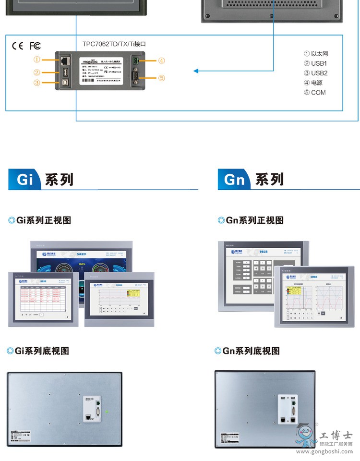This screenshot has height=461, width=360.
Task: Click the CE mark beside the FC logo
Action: [17, 46]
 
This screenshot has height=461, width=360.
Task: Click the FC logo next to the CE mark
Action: [35, 46]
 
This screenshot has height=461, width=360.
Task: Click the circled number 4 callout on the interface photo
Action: [162, 61]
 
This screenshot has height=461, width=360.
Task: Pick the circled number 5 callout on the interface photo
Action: [162, 78]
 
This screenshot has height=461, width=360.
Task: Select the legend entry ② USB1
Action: [315, 63]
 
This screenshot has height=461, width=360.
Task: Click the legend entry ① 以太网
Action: [316, 54]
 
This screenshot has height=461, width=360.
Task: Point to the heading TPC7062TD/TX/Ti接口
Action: [114, 44]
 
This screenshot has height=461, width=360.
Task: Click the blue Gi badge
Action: [25, 180]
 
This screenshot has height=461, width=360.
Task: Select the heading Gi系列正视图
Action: [39, 220]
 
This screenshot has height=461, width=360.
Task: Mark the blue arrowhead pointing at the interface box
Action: [196, 72]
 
